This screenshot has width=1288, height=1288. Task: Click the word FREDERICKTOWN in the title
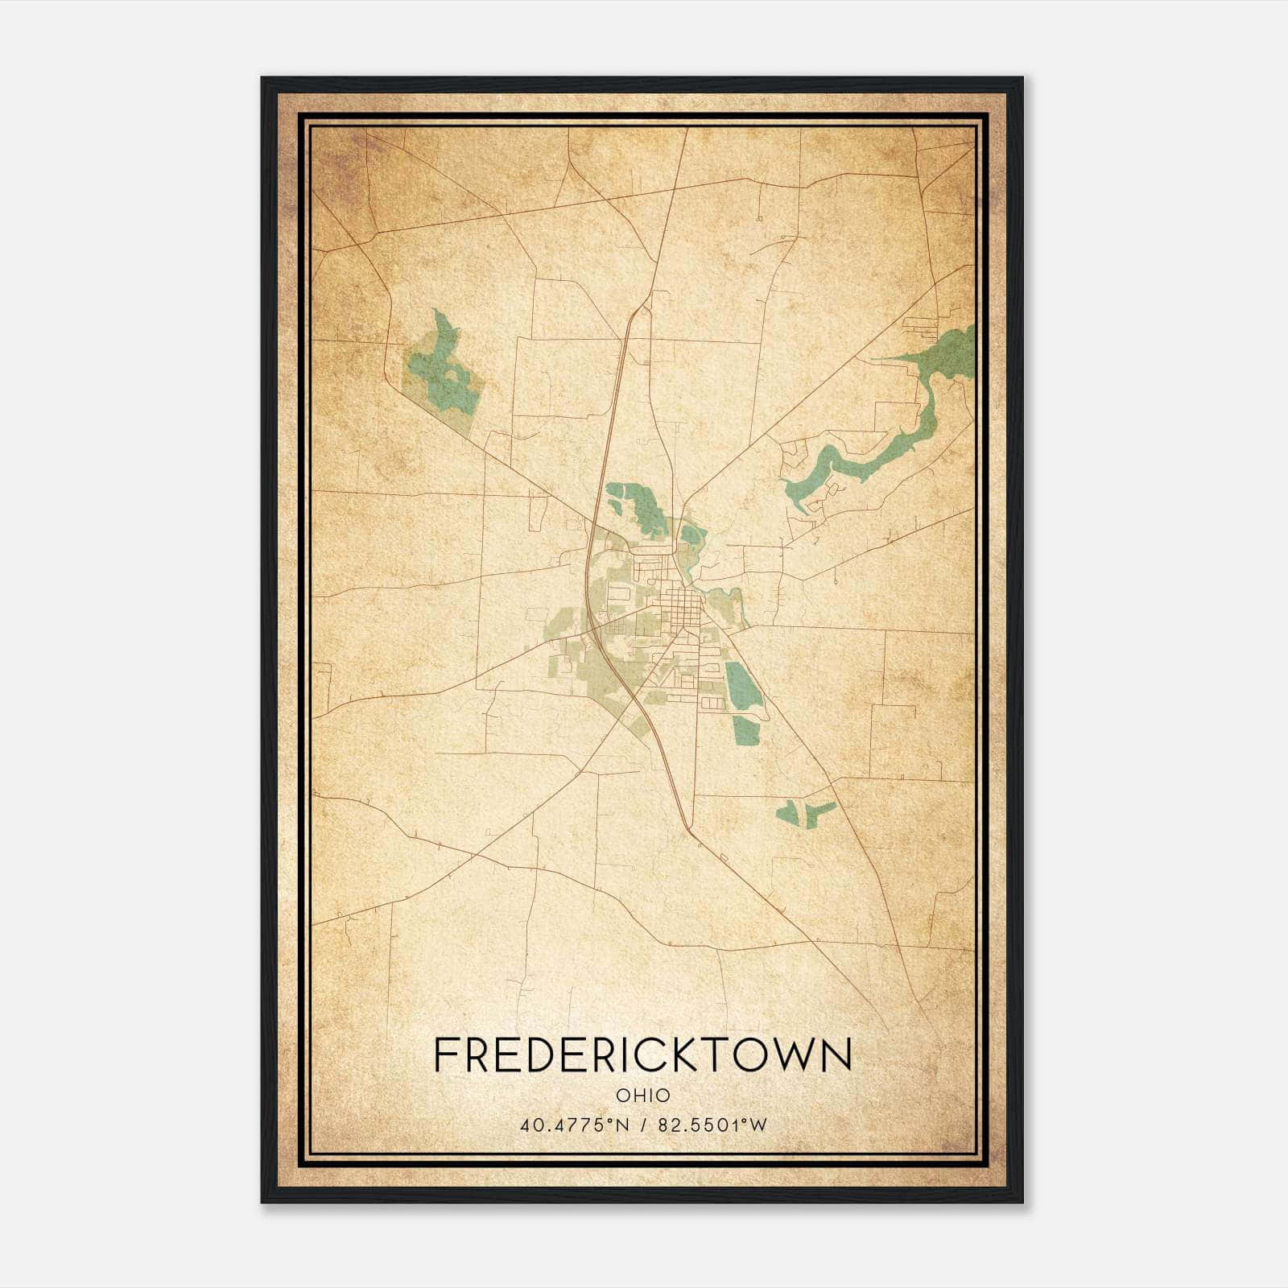coord(642,1055)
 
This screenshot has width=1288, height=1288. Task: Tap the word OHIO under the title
coord(642,1096)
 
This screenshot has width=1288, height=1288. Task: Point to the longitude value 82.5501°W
coord(712,1125)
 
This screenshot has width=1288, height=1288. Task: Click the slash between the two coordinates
coord(642,1125)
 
